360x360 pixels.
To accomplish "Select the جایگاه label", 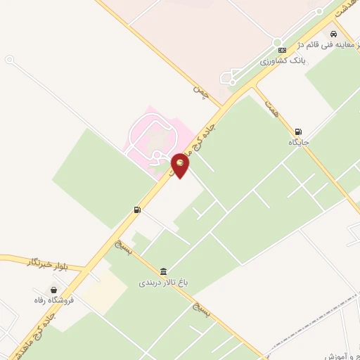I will click(299, 142).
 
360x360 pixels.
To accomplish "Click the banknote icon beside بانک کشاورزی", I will click(283, 50).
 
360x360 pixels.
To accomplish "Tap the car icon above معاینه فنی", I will click(333, 33).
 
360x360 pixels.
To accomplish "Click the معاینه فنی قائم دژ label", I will click(310, 44).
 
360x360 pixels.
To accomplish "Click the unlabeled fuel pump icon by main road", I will click(137, 210).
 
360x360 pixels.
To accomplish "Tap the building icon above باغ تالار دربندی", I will click(163, 272).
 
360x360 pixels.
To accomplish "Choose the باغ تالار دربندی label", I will click(163, 283).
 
